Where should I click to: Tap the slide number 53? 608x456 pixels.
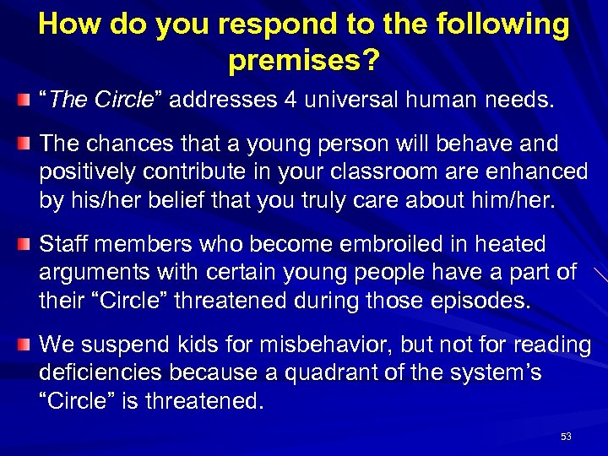pyautogui.click(x=566, y=437)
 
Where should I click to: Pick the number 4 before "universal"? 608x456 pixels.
pyautogui.click(x=290, y=101)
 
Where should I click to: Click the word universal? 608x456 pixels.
pyautogui.click(x=347, y=101)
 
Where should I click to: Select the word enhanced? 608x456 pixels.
pyautogui.click(x=535, y=171)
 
